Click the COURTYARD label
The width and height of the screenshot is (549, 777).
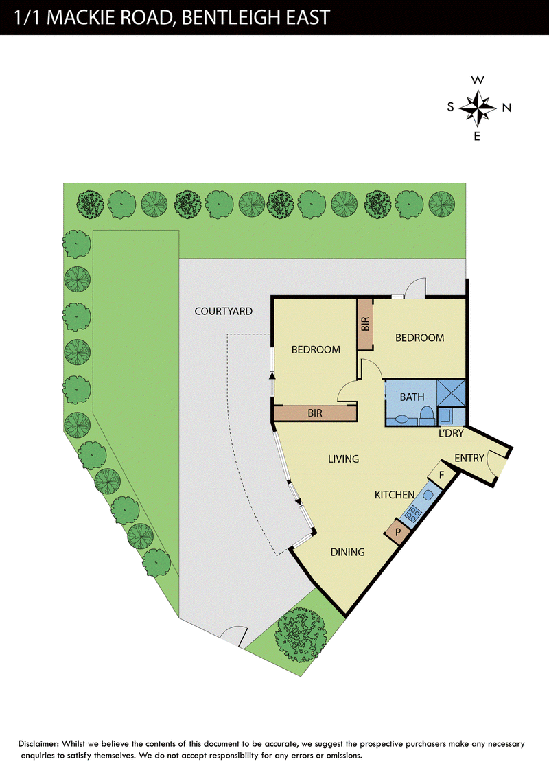tap(224, 311)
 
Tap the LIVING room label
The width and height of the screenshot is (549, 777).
tap(343, 459)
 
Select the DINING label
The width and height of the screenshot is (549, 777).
tap(347, 552)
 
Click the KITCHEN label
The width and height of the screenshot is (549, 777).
tap(395, 494)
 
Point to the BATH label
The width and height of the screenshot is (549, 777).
tap(412, 397)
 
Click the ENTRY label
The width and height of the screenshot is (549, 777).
tap(469, 458)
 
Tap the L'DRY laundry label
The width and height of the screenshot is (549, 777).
tap(451, 433)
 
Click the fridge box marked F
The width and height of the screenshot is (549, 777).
tap(441, 476)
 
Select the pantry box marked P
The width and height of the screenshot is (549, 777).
tap(397, 533)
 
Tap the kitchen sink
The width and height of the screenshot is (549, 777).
tap(428, 494)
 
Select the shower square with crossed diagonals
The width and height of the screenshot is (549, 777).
tap(451, 393)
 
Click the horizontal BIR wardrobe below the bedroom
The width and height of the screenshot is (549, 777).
tap(315, 413)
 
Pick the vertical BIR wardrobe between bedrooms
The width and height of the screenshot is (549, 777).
tap(365, 325)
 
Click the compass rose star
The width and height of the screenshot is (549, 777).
tap(477, 107)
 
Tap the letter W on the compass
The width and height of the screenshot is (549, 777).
tap(477, 80)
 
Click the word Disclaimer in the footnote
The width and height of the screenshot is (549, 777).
tap(39, 744)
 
